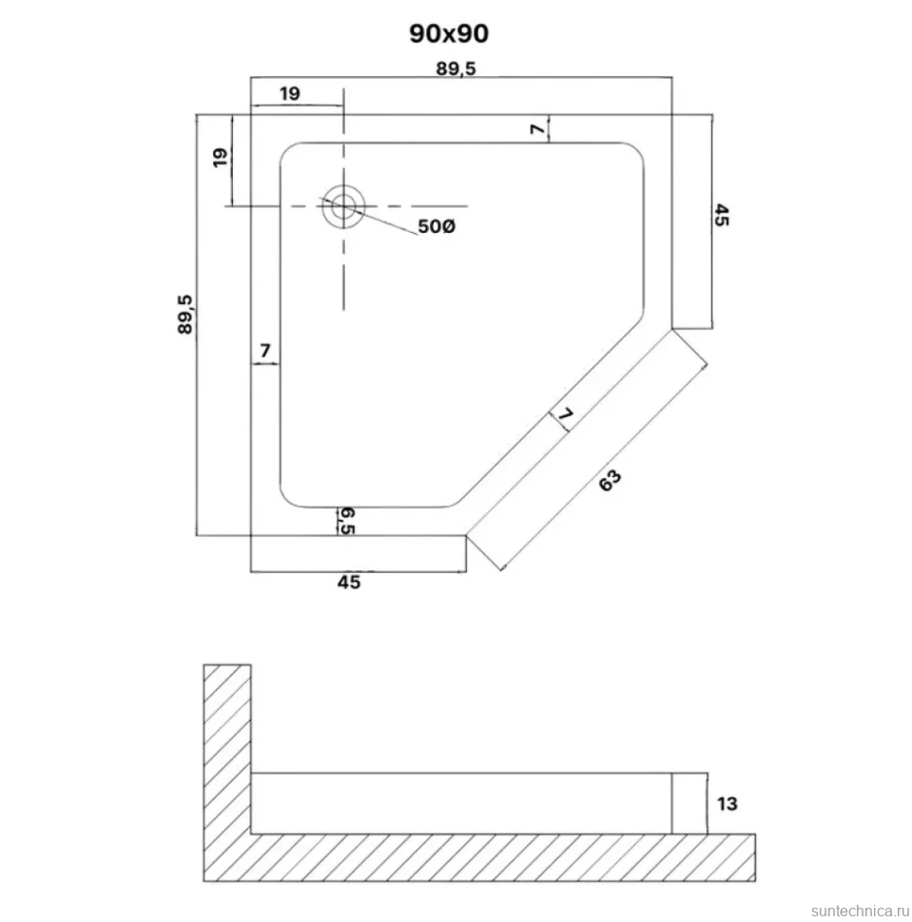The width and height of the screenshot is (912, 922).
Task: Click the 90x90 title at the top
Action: pos(449,34)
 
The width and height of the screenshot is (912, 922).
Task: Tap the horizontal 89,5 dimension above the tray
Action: pos(456,68)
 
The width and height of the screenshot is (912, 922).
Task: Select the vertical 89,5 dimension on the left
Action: pos(184,316)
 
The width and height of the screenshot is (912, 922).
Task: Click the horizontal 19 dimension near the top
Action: pos(290,93)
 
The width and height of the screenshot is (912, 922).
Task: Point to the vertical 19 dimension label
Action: pos(220,158)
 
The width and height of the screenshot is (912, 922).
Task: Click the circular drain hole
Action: pos(343,206)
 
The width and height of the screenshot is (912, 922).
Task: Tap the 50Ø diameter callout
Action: pos(437,226)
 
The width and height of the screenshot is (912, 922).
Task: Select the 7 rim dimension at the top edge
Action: pos(538,128)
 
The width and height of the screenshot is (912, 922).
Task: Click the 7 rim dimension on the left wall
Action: pos(265,351)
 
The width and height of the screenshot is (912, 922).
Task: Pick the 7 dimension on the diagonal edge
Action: pos(566,414)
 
